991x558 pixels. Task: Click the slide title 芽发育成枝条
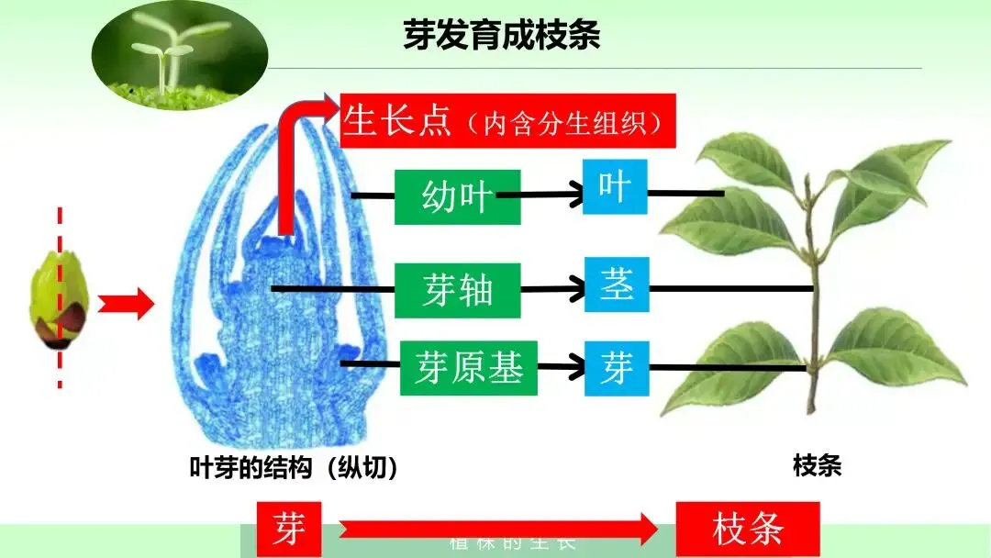(x=501, y=35)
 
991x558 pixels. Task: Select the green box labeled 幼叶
(x=457, y=196)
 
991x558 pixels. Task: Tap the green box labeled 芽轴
(x=458, y=290)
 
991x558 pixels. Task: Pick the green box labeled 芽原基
(x=468, y=367)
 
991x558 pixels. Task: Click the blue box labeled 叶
(x=614, y=186)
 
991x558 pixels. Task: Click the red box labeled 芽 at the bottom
(x=289, y=529)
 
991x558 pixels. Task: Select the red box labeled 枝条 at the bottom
(x=748, y=529)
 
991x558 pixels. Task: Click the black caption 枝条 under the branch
(x=817, y=466)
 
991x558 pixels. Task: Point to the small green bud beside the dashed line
(x=57, y=304)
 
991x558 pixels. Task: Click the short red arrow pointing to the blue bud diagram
(x=125, y=303)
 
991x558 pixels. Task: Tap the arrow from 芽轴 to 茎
(x=553, y=289)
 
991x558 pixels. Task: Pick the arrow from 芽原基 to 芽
(x=560, y=367)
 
